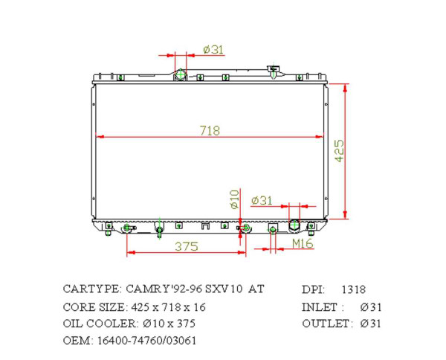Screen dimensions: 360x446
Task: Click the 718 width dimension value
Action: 210,130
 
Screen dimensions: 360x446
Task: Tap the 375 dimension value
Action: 186,246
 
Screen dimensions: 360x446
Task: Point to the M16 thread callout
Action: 302,243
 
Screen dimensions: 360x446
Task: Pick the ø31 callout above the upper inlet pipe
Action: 213,50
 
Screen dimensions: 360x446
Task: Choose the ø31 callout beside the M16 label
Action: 262,200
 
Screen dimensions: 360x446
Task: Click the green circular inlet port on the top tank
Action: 181,74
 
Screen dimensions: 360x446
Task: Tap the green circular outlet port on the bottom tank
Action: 294,225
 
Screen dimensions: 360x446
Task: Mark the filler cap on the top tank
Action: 274,71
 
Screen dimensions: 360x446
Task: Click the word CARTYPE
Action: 91,289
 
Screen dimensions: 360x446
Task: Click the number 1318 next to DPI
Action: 353,289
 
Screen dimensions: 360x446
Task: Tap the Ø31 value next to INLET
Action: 371,306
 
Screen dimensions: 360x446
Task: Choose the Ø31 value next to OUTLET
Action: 371,324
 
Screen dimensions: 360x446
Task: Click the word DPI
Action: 313,289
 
